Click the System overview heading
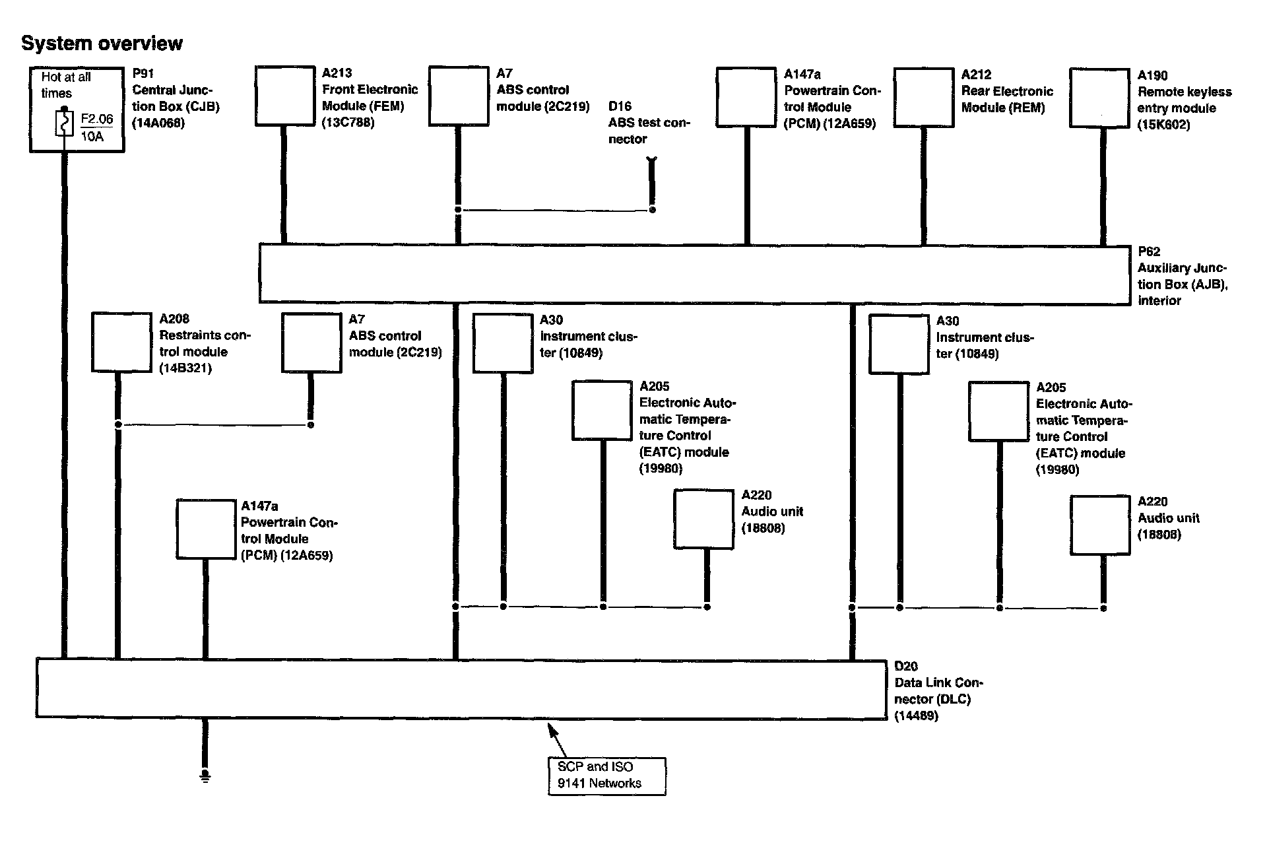[102, 44]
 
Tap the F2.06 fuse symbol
[64, 123]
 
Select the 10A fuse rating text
[92, 137]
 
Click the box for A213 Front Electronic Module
[285, 96]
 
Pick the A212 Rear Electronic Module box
[924, 97]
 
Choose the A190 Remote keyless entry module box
[1099, 98]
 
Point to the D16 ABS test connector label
[648, 123]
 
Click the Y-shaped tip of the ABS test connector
[651, 160]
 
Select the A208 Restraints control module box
[121, 343]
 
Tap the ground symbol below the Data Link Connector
[205, 776]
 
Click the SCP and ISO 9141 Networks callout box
[606, 776]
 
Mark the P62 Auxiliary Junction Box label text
[1181, 277]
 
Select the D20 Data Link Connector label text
[938, 691]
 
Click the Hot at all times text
[65, 85]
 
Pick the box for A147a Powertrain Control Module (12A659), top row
[746, 96]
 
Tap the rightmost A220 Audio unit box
[1100, 525]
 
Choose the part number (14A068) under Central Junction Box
[158, 123]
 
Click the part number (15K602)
[1163, 125]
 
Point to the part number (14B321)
[185, 368]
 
